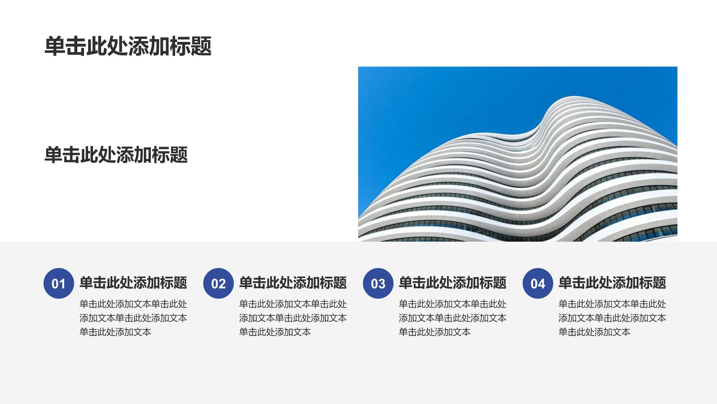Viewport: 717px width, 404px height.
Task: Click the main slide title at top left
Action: pyautogui.click(x=128, y=46)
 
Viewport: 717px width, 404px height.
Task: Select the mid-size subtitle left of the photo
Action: pyautogui.click(x=116, y=154)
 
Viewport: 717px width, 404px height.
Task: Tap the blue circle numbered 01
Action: pyautogui.click(x=59, y=283)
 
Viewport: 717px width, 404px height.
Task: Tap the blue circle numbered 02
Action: pyautogui.click(x=218, y=283)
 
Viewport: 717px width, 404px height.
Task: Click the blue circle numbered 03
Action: pyautogui.click(x=378, y=283)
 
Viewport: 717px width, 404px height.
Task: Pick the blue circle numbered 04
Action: pyautogui.click(x=538, y=283)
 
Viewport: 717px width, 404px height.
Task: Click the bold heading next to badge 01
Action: pyautogui.click(x=133, y=282)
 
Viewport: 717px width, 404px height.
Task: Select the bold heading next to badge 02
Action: pyautogui.click(x=293, y=282)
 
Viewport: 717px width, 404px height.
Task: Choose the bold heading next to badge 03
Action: pyautogui.click(x=453, y=282)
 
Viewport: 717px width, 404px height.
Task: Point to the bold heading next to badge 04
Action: pyautogui.click(x=612, y=282)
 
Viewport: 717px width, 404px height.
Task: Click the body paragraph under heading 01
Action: pyautogui.click(x=133, y=318)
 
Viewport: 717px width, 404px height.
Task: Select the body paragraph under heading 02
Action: pyautogui.click(x=293, y=318)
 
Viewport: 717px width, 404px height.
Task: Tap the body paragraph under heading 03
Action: pyautogui.click(x=453, y=318)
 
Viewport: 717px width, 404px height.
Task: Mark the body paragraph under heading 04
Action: pyautogui.click(x=612, y=318)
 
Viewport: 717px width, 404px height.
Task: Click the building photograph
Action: pyautogui.click(x=518, y=154)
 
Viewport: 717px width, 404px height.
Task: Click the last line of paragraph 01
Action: pyautogui.click(x=115, y=332)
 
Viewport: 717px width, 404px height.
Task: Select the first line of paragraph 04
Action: pyautogui.click(x=612, y=304)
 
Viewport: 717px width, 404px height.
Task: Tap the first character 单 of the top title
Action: pyautogui.click(x=55, y=46)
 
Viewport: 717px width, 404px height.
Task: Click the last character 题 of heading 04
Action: pyautogui.click(x=659, y=282)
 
